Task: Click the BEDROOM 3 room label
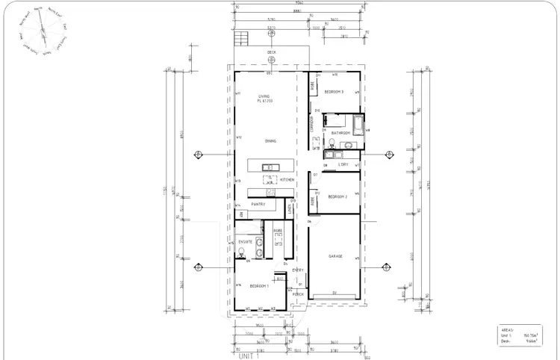pyautogui.click(x=334, y=92)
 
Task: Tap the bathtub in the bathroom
pyautogui.click(x=358, y=123)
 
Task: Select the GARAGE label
pyautogui.click(x=335, y=256)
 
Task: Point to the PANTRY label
pyautogui.click(x=258, y=204)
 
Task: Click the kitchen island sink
pyautogui.click(x=270, y=166)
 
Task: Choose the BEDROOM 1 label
pyautogui.click(x=259, y=286)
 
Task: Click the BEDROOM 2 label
pyautogui.click(x=337, y=196)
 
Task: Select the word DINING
pyautogui.click(x=270, y=140)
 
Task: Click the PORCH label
pyautogui.click(x=298, y=294)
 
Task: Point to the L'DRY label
pyautogui.click(x=343, y=164)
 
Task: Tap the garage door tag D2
pyautogui.click(x=335, y=292)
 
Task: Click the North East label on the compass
pyautogui.click(x=55, y=12)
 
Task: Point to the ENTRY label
pyautogui.click(x=297, y=270)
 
